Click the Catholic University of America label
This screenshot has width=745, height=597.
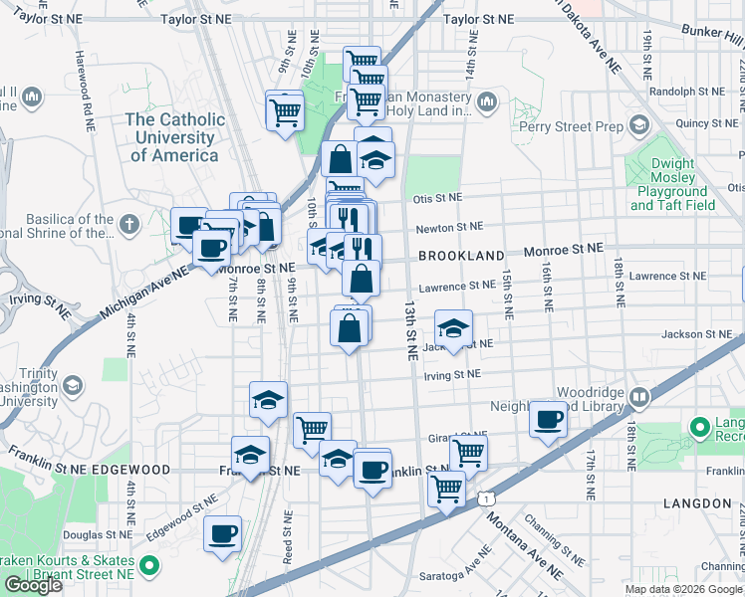[x=174, y=137]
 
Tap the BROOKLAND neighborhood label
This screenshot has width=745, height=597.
[x=461, y=256]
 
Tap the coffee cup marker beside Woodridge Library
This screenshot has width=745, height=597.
[x=548, y=419]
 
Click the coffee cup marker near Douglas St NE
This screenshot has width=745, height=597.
[x=222, y=533]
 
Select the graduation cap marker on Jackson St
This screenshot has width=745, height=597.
[x=452, y=330]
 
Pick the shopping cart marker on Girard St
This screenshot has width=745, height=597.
[x=468, y=452]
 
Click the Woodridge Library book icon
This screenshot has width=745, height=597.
[x=638, y=398]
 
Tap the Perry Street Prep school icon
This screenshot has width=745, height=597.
[x=638, y=125]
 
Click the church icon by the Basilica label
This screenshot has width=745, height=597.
[x=128, y=225]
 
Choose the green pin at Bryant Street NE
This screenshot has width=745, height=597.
[x=149, y=568]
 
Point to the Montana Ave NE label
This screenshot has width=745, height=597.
[x=522, y=550]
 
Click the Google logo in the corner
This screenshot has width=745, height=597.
[x=34, y=585]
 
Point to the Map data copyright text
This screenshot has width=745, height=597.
[x=683, y=588]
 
